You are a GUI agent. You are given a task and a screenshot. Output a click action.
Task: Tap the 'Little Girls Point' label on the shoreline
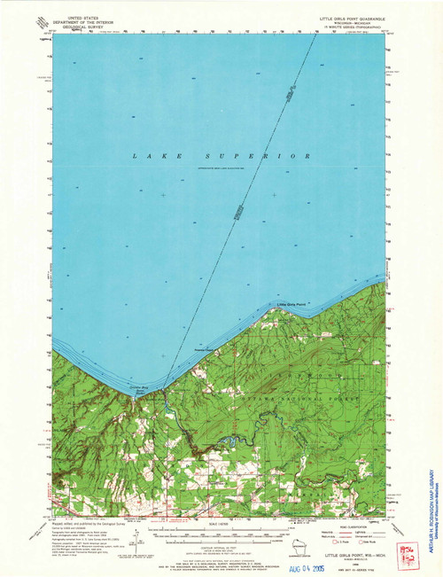[x=291, y=304]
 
